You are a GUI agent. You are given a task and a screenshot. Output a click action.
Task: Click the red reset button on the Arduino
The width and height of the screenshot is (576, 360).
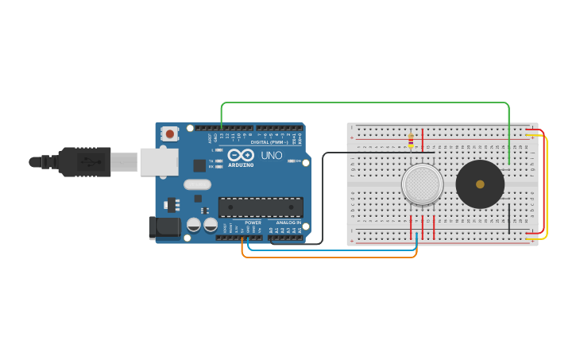pos(169,134)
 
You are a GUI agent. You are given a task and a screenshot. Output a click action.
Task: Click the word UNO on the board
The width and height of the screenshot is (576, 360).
pos(272,156)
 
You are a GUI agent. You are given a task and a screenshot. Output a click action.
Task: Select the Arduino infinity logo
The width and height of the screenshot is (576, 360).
pos(240,154)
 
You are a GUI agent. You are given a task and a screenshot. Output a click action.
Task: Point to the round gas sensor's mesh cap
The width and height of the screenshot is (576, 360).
pos(422,184)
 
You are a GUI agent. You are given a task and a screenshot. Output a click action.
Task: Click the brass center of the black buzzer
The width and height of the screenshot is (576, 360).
pos(480,184)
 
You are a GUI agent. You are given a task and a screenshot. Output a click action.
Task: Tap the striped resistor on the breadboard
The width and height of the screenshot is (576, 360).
pos(411,141)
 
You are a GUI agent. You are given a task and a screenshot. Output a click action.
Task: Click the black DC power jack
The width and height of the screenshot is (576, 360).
pos(164,227)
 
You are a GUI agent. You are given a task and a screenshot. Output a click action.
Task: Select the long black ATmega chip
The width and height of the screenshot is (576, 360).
pos(261,207)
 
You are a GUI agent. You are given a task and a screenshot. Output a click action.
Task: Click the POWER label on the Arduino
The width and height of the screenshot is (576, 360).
pos(253,223)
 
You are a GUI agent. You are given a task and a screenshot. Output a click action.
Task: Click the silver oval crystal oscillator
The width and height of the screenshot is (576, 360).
pos(197,184)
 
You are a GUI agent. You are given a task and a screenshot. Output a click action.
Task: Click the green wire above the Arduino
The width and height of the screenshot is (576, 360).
pos(365,103)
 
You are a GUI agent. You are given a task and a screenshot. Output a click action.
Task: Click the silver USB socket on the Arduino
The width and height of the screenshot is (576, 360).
pos(159,161)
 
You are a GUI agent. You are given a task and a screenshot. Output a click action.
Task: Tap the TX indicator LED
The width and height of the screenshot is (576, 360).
pos(218,161)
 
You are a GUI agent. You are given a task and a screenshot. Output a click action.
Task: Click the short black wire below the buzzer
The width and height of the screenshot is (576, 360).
pos(509,219)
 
